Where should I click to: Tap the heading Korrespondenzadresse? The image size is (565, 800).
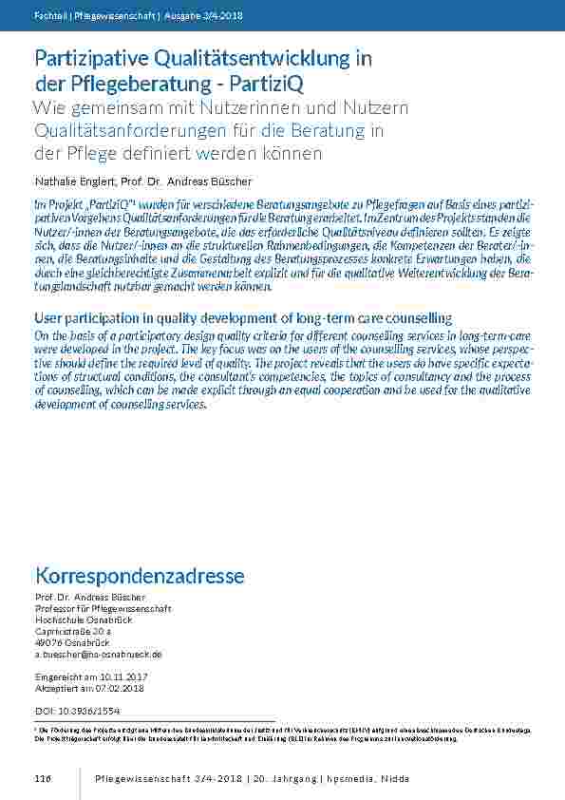140,576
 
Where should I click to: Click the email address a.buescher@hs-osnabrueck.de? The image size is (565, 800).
98,655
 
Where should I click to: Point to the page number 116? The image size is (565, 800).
42,779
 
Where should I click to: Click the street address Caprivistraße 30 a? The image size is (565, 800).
73,631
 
